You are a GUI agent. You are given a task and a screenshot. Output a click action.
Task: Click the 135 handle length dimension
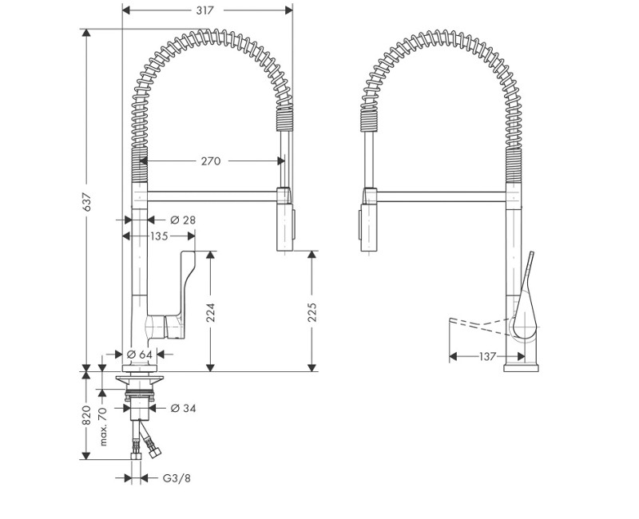158,236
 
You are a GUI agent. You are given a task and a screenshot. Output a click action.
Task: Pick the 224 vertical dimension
211,311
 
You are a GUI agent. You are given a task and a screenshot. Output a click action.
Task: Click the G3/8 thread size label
176,478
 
